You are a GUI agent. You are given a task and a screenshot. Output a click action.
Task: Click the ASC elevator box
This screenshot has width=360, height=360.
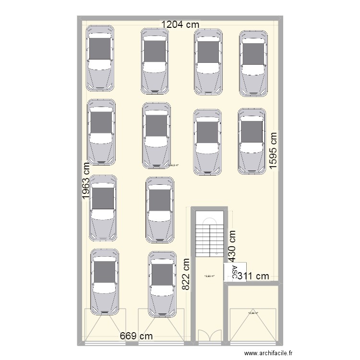click(x=235, y=272)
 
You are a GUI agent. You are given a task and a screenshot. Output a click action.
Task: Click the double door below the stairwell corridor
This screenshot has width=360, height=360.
click(x=209, y=336)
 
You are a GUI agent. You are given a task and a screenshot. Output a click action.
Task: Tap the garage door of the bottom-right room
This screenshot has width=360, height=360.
click(x=253, y=326)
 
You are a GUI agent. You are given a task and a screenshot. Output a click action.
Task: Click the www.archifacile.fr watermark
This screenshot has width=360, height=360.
click(x=268, y=354)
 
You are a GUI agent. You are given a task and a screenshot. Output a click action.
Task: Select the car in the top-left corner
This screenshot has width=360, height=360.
click(x=100, y=58)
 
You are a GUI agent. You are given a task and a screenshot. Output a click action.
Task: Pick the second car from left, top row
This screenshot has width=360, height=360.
click(x=154, y=60)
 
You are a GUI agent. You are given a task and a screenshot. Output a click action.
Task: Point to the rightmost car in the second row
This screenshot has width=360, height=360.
click(x=252, y=141)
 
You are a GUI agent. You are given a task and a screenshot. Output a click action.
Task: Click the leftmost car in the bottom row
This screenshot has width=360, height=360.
click(x=105, y=282)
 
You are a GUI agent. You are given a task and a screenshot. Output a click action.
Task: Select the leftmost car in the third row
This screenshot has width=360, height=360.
click(x=103, y=207)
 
